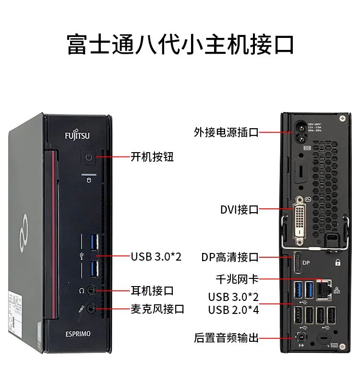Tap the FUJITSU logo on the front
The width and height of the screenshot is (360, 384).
[77, 136]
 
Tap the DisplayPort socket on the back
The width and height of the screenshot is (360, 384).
[297, 263]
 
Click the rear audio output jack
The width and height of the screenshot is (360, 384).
[301, 336]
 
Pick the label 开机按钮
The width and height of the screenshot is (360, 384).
[152, 157]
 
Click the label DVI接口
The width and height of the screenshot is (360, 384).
[240, 210]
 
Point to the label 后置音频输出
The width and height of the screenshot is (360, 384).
[226, 338]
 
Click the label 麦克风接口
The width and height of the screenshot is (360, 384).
[157, 309]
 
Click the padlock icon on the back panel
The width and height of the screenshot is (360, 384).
[338, 263]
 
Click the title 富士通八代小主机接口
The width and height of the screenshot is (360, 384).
[180, 44]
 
